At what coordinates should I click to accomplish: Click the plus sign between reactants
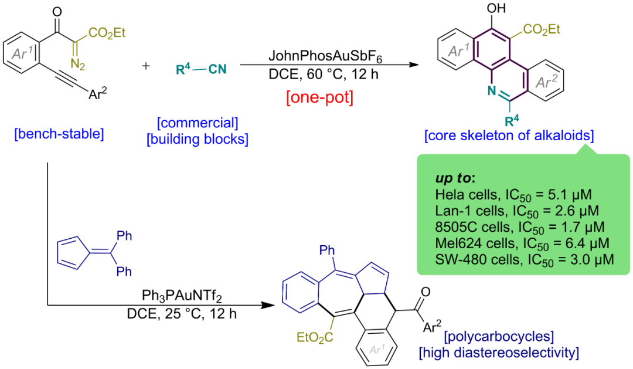[x=147, y=65]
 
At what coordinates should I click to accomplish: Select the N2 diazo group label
[x=80, y=61]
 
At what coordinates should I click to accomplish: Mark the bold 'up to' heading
[x=455, y=177]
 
